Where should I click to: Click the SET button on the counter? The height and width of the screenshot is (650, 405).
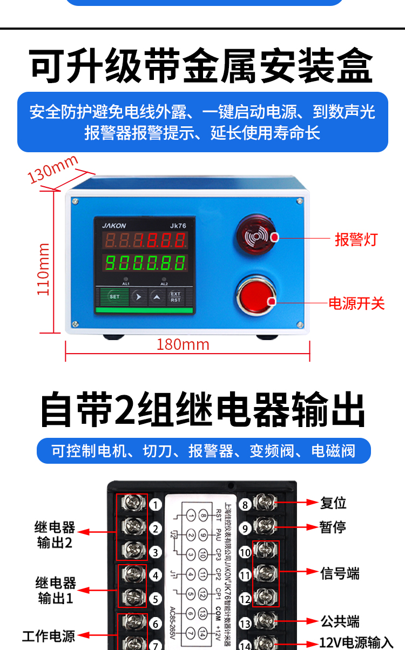coord(114,297)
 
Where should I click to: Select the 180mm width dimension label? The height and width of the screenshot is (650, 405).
coord(183,344)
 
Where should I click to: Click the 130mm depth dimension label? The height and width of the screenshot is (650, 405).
coord(53,169)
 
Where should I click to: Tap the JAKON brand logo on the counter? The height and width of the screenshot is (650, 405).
coord(114,226)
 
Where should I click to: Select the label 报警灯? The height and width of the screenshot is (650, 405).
coord(356,239)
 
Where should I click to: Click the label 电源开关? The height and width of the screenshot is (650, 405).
coord(356,303)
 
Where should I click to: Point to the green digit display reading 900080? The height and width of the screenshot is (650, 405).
coord(145,263)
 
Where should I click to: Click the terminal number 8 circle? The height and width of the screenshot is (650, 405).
coord(245,505)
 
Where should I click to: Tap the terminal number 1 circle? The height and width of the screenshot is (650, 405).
coord(156,505)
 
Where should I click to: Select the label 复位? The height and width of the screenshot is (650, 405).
coord(333,503)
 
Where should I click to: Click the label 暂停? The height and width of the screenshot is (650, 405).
coord(333,527)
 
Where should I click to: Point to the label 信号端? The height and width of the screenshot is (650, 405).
coord(340,573)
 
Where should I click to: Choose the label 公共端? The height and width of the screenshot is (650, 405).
coord(340,621)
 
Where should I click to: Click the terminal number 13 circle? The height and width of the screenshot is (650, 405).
coord(245,624)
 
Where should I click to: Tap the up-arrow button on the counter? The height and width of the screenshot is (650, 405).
coord(157,297)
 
